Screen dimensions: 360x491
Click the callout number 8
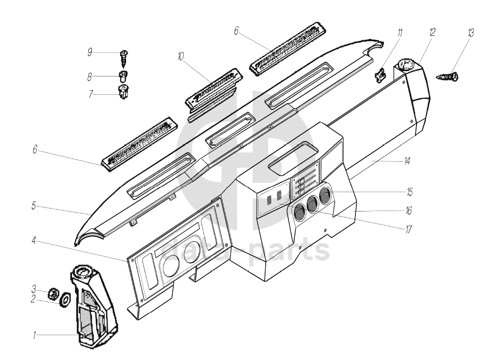90,77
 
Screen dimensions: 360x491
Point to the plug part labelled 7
123,91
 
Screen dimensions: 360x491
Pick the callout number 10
179,58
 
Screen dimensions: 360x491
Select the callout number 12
432,32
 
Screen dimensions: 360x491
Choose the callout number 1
35,336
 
